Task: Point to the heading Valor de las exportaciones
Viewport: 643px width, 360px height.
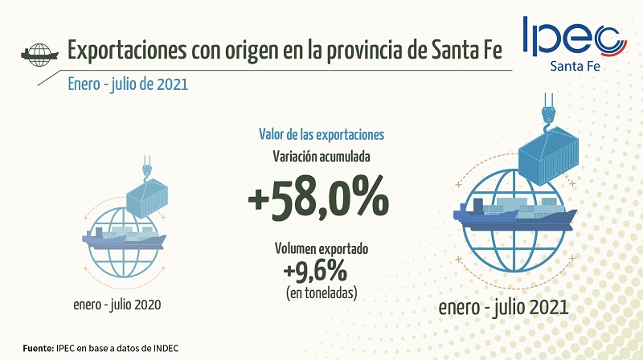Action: [x=321, y=134]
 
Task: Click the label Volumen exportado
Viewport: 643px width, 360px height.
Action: [x=321, y=249]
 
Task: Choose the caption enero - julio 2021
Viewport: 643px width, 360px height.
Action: [x=505, y=308]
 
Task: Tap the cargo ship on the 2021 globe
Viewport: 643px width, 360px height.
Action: [x=514, y=214]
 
